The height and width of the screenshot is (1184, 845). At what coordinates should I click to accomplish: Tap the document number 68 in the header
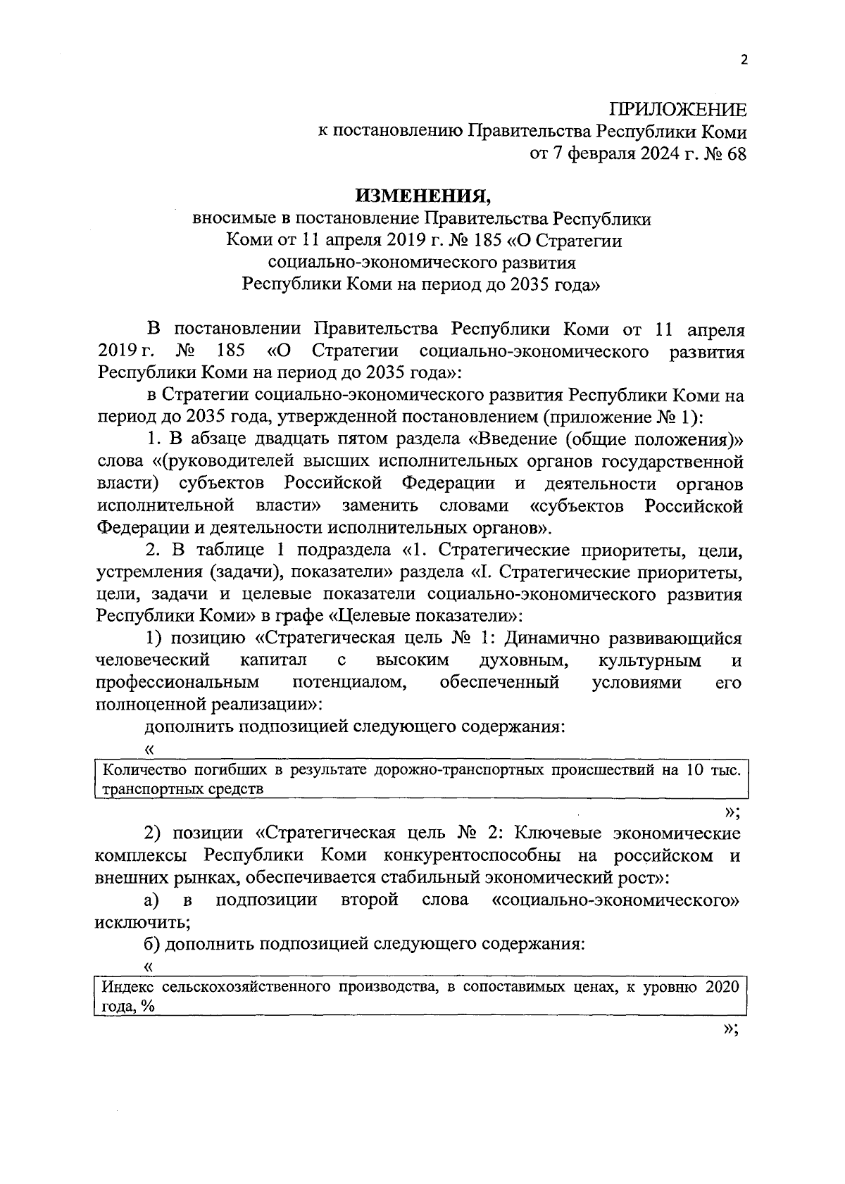pos(732,154)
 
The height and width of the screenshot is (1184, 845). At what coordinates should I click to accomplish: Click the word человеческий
pos(153,660)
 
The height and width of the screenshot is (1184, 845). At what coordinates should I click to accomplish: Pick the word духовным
pos(524,660)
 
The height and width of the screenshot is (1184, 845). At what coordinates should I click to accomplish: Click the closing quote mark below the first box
pos(730,812)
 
